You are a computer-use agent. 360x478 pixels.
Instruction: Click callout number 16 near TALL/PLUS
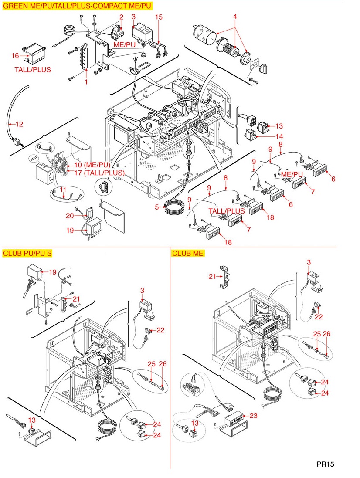[x=15, y=55]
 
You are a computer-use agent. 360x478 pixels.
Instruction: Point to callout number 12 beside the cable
[x=19, y=124]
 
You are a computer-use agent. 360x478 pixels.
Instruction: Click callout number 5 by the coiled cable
[x=157, y=207]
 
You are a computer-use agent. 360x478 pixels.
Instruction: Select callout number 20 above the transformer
[x=70, y=215]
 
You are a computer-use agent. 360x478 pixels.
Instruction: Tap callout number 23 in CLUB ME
[x=253, y=416]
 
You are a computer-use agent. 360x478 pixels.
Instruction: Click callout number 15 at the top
[x=159, y=17]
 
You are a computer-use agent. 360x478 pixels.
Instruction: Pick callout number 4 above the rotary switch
[x=235, y=16]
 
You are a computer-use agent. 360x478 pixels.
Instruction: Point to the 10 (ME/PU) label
[x=92, y=164]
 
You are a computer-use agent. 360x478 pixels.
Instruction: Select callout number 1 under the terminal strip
[x=86, y=81]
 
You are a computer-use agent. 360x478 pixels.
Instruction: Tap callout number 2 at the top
[x=121, y=17]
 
